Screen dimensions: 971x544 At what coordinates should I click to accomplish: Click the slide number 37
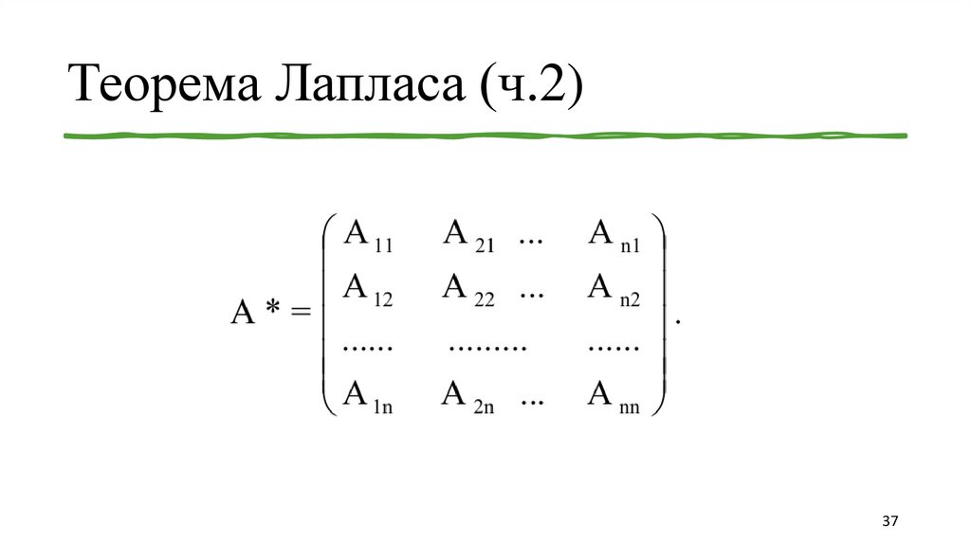(x=889, y=522)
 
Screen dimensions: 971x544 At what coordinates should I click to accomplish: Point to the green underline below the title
(x=485, y=136)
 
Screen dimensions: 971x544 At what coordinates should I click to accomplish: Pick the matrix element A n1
(x=614, y=236)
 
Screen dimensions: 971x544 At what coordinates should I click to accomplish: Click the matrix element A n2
(x=614, y=289)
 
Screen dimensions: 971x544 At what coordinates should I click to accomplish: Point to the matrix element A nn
(x=614, y=397)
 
